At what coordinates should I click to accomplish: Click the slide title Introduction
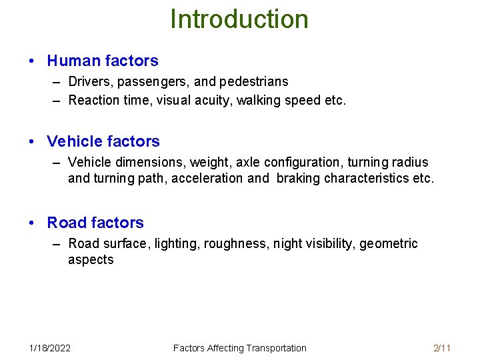click(239, 19)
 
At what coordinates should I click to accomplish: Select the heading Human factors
click(103, 61)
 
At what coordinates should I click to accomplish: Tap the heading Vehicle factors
click(103, 141)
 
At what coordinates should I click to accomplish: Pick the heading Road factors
click(95, 223)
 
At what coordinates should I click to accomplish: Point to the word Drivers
click(90, 82)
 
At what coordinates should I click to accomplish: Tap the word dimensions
click(151, 162)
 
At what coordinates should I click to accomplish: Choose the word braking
click(298, 178)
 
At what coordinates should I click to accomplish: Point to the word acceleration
click(207, 178)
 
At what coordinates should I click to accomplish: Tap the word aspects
click(91, 259)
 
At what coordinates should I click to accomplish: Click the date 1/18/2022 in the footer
click(50, 348)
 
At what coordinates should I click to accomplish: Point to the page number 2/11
click(442, 348)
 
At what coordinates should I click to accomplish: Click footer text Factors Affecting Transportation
click(239, 348)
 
